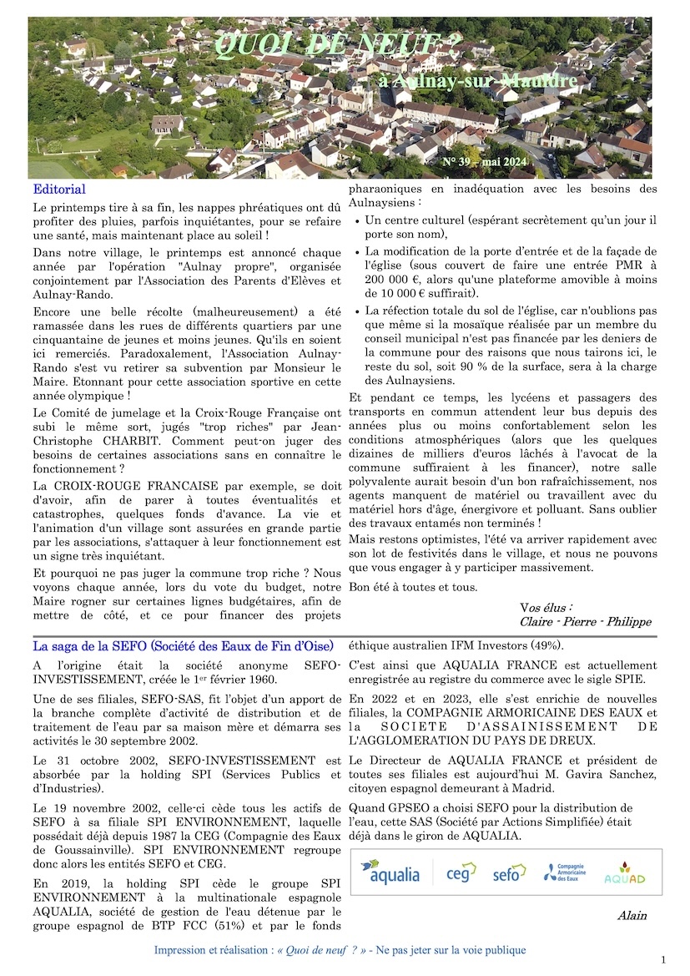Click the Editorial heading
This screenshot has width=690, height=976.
click(x=59, y=190)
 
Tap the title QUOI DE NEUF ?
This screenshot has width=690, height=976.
click(x=337, y=43)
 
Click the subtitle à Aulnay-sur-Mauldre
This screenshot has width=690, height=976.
click(x=483, y=81)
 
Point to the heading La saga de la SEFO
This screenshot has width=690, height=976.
click(x=183, y=645)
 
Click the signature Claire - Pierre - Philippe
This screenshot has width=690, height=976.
click(x=585, y=621)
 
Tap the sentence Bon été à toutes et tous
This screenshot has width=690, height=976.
click(x=413, y=587)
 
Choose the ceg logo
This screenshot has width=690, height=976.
click(x=461, y=872)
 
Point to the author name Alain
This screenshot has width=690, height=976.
click(x=632, y=916)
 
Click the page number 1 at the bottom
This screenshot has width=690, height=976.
click(x=663, y=959)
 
